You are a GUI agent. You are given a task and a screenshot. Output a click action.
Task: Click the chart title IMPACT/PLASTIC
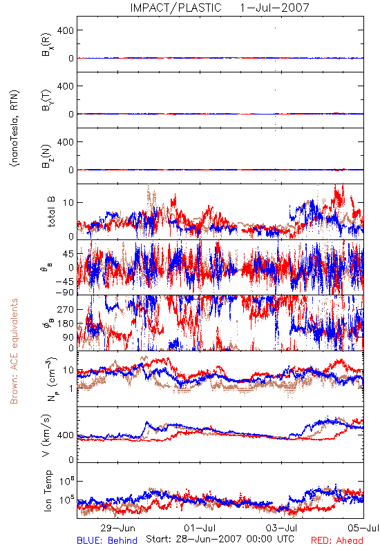click(x=175, y=8)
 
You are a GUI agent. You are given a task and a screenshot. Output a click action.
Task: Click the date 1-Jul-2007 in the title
click(x=274, y=8)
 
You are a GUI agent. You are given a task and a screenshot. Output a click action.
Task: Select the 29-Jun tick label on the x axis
click(x=117, y=528)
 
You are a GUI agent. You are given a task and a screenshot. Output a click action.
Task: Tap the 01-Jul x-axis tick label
click(x=200, y=528)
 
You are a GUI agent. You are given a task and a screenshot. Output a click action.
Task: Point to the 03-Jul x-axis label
click(x=281, y=528)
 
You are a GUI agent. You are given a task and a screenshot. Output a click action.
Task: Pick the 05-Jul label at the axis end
click(x=363, y=528)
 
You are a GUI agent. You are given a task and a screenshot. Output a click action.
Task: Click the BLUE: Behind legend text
click(x=107, y=540)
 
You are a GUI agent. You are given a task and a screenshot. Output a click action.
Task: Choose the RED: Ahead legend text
click(x=336, y=540)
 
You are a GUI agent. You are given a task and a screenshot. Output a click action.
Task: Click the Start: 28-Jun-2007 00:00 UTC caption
click(x=220, y=539)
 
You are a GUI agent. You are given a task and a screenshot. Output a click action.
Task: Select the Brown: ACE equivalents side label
click(x=14, y=351)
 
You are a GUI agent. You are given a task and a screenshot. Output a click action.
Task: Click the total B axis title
click(x=50, y=212)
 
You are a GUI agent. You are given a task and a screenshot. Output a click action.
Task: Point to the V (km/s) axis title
click(x=47, y=435)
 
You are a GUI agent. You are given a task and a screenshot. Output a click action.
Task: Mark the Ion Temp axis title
click(x=48, y=491)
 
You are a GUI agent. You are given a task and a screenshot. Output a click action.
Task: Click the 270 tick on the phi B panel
click(x=66, y=310)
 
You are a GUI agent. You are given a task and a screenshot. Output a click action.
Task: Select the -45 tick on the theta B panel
click(x=64, y=282)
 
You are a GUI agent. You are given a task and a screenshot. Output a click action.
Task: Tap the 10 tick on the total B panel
click(x=68, y=203)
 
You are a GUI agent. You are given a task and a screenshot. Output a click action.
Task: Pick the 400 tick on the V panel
click(x=66, y=435)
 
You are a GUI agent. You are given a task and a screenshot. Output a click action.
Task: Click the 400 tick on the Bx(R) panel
click(x=66, y=30)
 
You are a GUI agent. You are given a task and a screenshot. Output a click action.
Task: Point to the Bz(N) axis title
click(x=47, y=156)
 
